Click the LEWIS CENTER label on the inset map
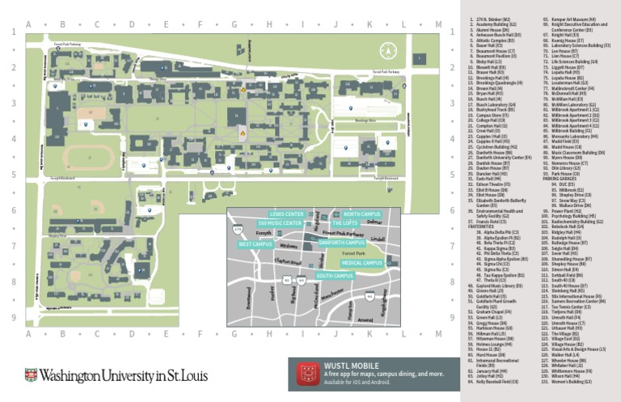287,214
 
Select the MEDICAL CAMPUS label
361,263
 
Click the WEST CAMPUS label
256,243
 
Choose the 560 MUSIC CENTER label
281,223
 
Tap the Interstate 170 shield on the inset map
238,231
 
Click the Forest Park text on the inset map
354,252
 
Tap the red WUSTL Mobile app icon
309,374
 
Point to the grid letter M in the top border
438,23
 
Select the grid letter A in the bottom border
28,333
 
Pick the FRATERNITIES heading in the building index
484,226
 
